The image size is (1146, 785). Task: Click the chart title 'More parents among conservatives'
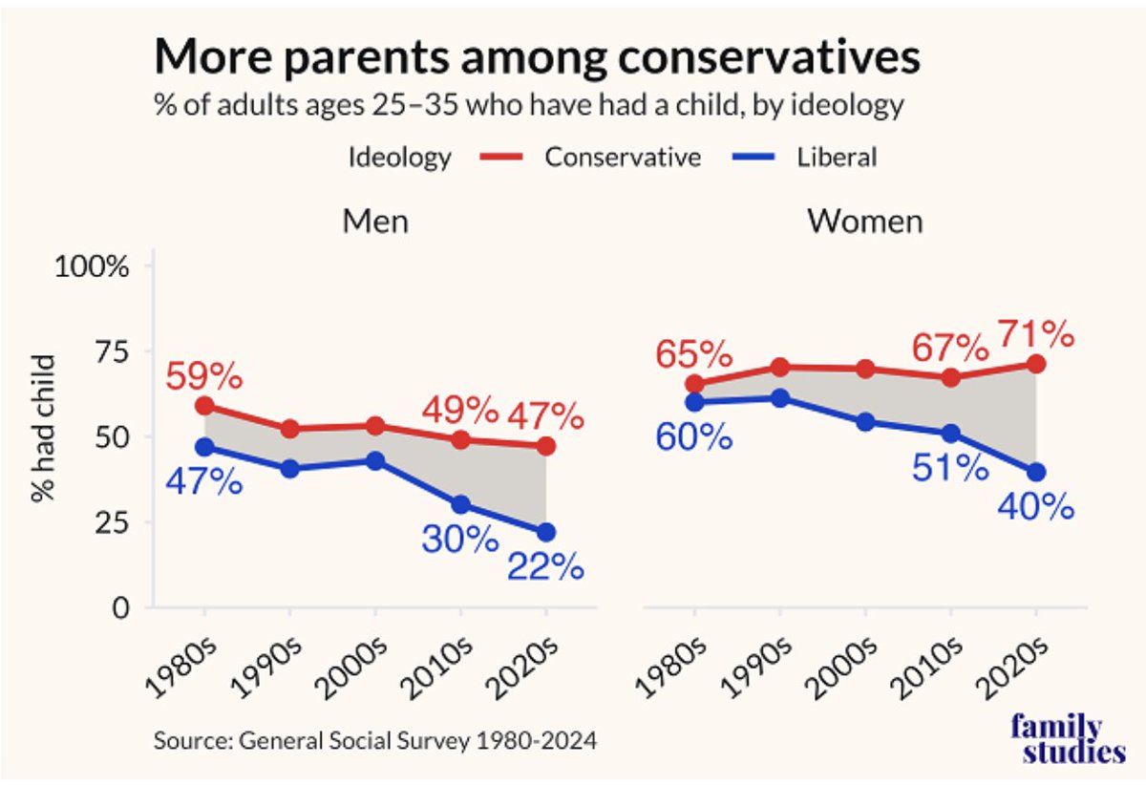pyautogui.click(x=537, y=58)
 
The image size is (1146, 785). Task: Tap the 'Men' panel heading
pyautogui.click(x=375, y=222)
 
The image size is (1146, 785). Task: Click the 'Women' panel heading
pyautogui.click(x=865, y=222)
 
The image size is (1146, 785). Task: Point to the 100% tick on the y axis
pyautogui.click(x=93, y=265)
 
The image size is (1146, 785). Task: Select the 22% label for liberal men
pyautogui.click(x=545, y=567)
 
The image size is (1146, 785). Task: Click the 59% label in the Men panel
pyautogui.click(x=204, y=375)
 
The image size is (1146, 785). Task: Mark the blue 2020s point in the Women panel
pyautogui.click(x=1035, y=472)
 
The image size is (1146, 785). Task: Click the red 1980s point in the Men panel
pyautogui.click(x=204, y=406)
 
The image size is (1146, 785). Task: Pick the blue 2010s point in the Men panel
pyautogui.click(x=460, y=504)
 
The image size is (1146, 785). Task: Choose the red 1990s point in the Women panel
pyautogui.click(x=779, y=367)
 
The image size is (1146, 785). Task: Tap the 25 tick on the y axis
pyautogui.click(x=107, y=522)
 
